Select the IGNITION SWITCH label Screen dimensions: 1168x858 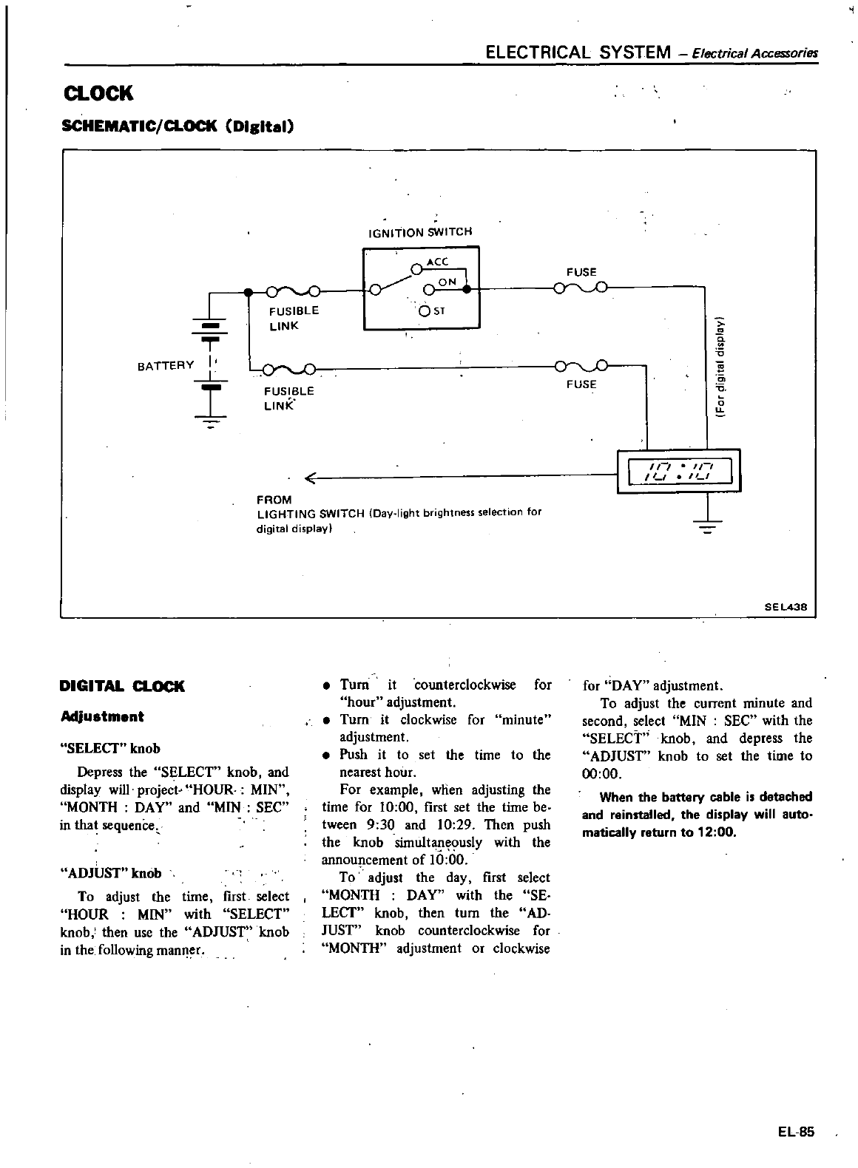419,232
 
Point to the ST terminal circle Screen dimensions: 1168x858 425,310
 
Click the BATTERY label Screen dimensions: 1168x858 166,365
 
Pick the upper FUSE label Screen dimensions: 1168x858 581,272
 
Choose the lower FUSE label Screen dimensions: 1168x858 581,384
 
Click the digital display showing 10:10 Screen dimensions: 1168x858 678,470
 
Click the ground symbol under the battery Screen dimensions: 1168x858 212,421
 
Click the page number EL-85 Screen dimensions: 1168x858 795,1132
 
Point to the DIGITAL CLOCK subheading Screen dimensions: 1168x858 122,686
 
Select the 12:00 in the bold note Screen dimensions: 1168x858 716,832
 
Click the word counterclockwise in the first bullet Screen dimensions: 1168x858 465,685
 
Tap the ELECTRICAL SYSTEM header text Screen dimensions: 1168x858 576,52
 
